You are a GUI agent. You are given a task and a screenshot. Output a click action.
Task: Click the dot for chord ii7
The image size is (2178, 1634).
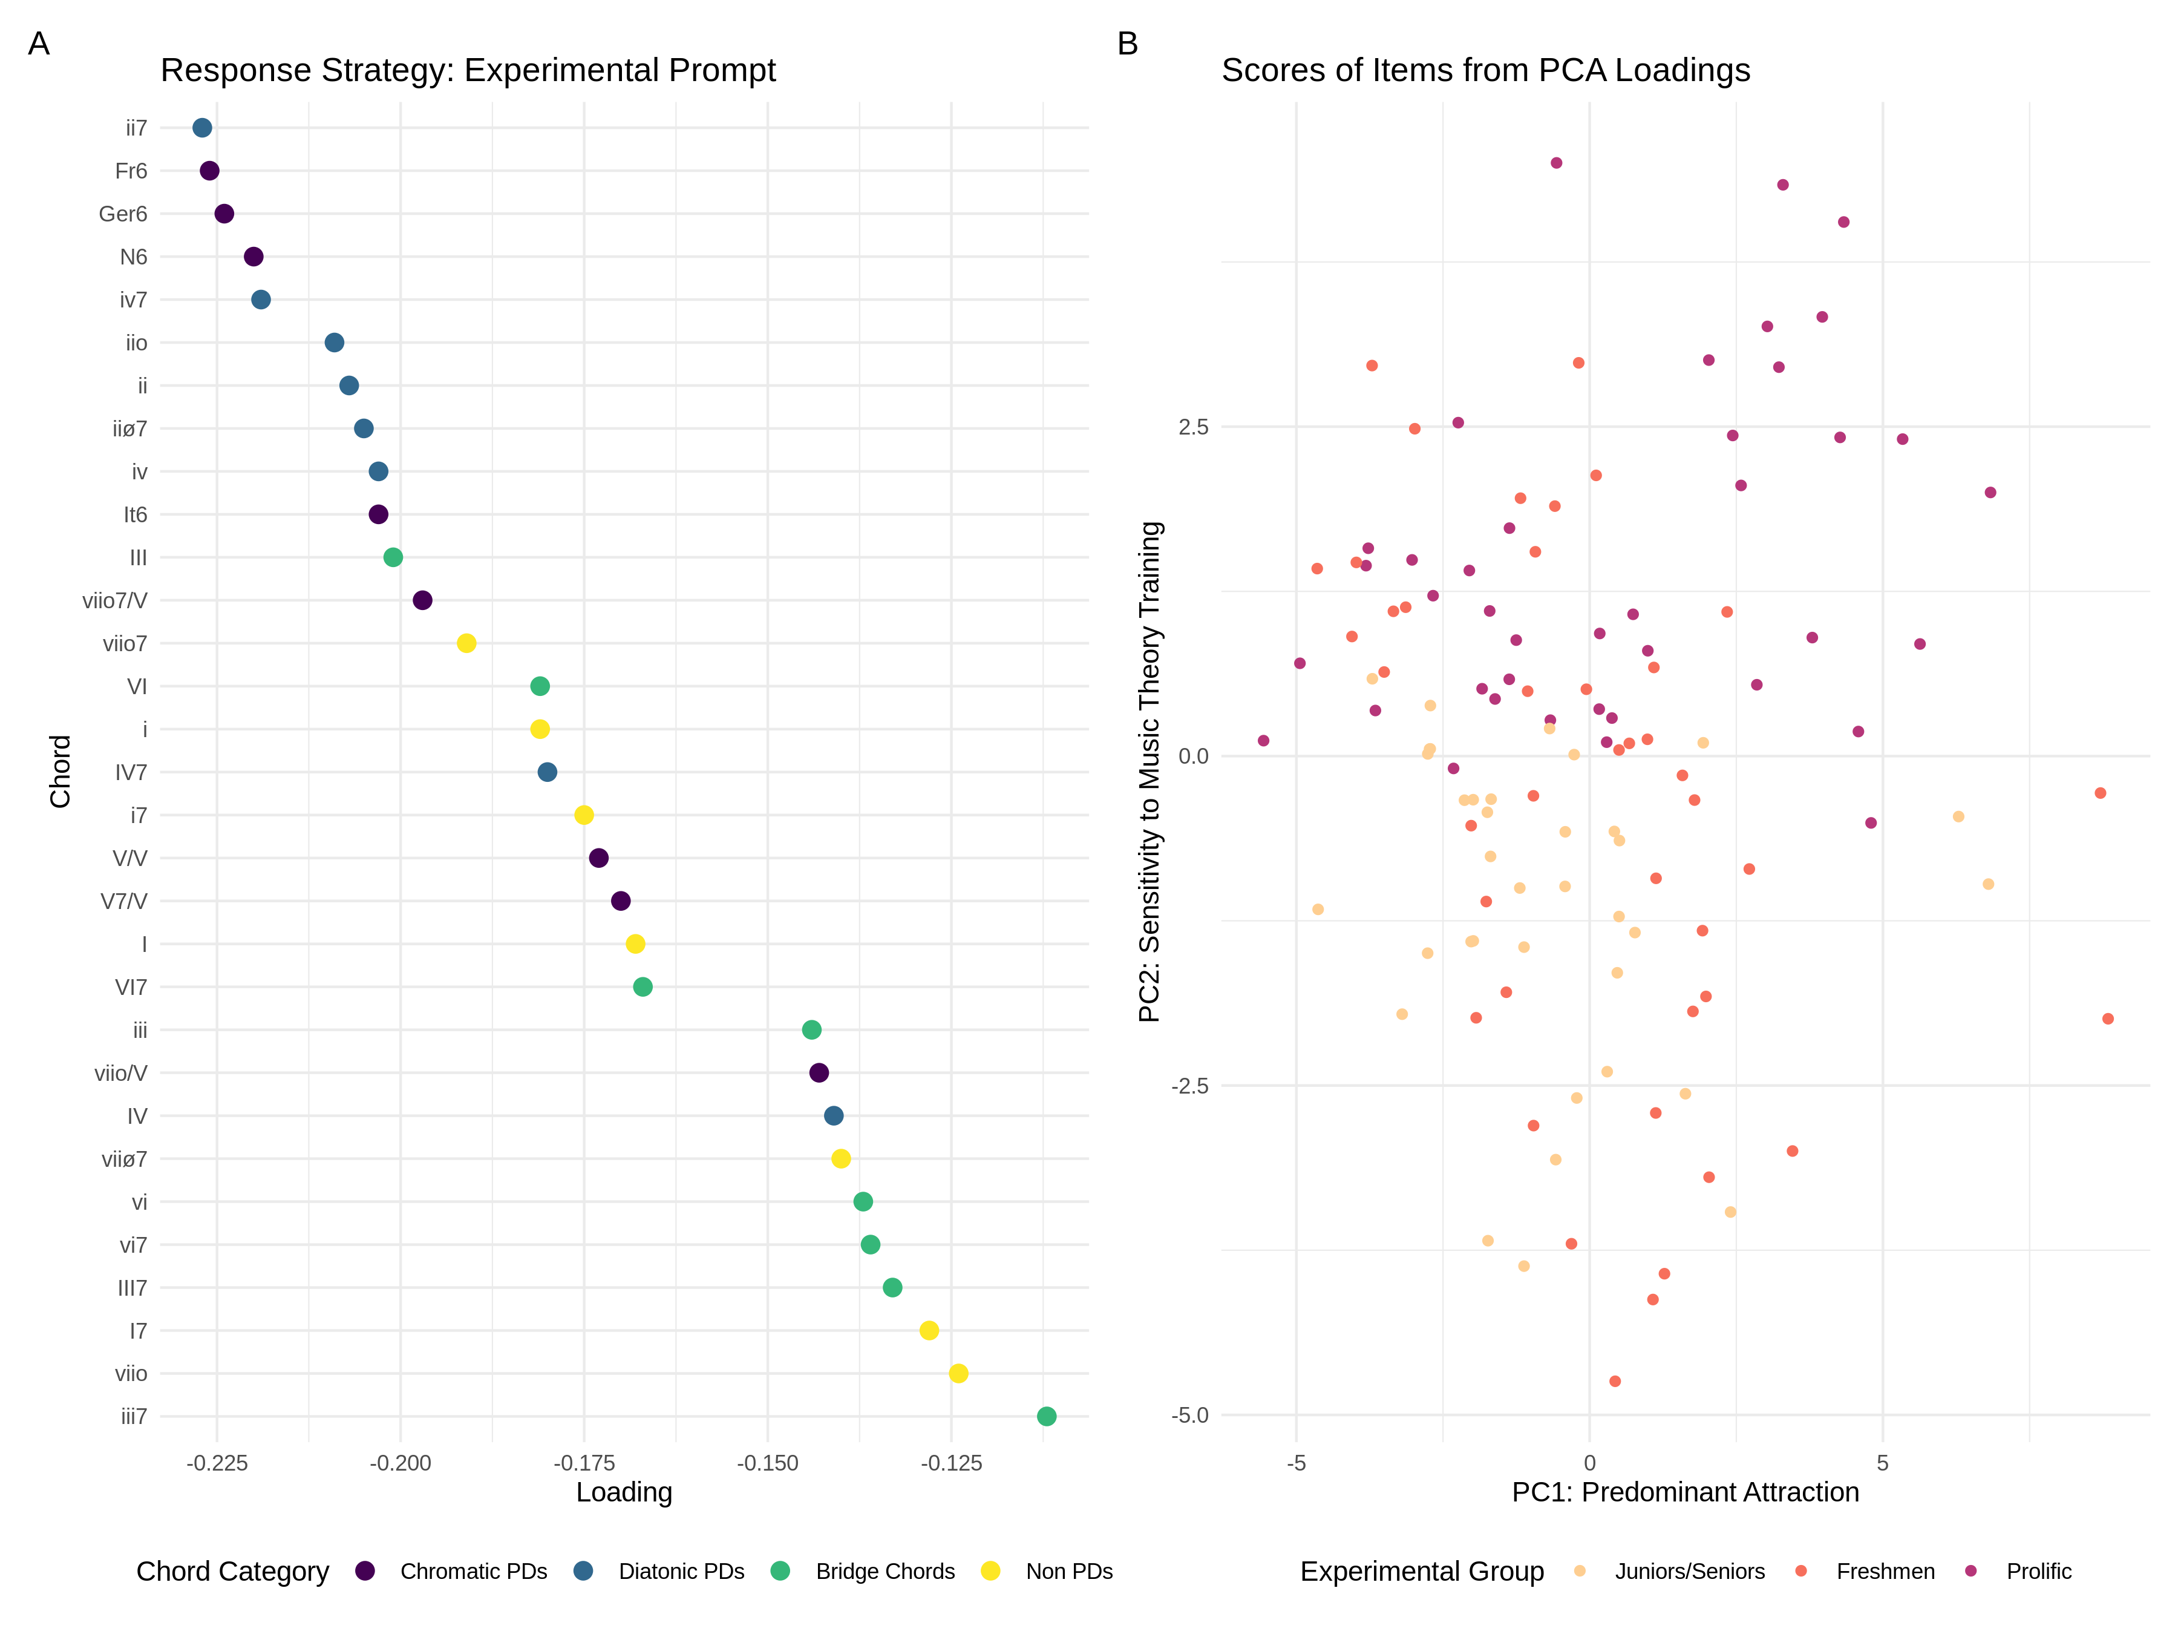tap(202, 128)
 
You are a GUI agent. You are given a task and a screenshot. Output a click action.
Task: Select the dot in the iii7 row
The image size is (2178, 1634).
tap(1047, 1416)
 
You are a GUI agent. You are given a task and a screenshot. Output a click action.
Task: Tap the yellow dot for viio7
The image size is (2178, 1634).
tap(466, 643)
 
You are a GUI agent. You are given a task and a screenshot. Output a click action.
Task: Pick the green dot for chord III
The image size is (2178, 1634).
tap(393, 557)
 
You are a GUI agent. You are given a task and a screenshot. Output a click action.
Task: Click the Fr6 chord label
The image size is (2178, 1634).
tap(131, 171)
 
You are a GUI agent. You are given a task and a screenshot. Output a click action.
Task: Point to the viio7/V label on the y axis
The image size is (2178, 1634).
tap(114, 601)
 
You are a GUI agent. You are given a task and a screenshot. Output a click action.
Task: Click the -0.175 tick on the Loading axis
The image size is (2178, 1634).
tap(584, 1463)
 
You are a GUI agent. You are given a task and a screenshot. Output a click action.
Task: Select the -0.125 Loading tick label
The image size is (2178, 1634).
tap(951, 1463)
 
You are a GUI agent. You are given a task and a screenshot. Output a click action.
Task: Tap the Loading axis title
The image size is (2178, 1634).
tap(624, 1493)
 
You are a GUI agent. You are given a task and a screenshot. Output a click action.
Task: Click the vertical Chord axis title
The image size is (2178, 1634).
tap(60, 771)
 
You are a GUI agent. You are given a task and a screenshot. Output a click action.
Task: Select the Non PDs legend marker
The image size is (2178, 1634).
tap(990, 1571)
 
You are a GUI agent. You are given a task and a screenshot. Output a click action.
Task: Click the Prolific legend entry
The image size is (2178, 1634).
tap(2038, 1572)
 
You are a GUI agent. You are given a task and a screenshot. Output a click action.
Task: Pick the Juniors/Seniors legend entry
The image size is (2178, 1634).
tap(1689, 1572)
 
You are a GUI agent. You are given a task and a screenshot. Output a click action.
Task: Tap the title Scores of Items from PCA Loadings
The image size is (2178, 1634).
tap(1486, 71)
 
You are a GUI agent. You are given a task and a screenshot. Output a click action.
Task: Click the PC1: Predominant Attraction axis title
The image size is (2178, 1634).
tap(1685, 1493)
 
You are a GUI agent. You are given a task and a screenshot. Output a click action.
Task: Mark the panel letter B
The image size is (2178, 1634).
tap(1127, 44)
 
